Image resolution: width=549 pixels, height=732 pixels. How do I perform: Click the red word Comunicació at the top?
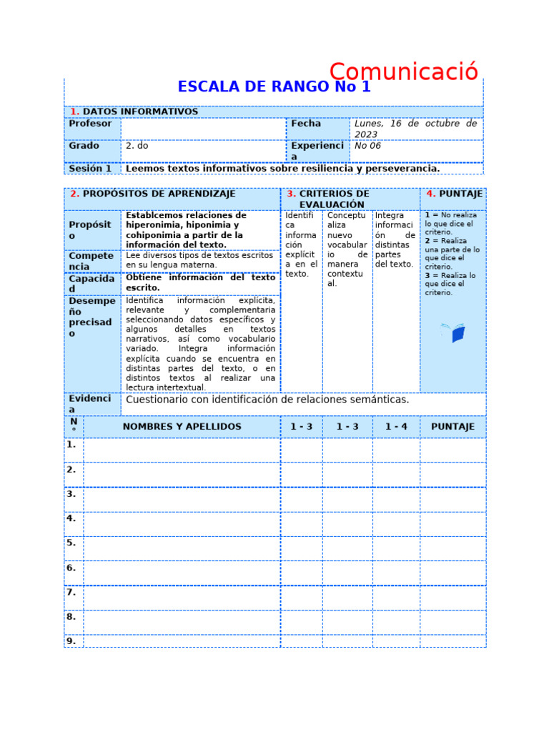coord(403,72)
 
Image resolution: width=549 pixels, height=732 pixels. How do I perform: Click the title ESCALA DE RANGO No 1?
coord(274,87)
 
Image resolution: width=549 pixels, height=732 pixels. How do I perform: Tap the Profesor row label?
coord(91,124)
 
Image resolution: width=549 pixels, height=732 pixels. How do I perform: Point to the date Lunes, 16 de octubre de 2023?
coord(415,129)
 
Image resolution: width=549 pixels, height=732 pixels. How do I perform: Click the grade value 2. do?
coord(137,145)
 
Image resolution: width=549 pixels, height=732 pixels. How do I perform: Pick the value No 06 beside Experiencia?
coord(368,145)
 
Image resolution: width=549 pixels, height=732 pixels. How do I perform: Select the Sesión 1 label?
coord(90,169)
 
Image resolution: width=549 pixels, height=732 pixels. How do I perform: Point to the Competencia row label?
coord(91,261)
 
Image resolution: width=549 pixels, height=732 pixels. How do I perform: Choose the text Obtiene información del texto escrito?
coord(200,282)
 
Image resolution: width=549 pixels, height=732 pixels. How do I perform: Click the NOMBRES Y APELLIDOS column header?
coord(182,427)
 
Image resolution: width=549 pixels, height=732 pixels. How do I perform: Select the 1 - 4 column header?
coord(396,427)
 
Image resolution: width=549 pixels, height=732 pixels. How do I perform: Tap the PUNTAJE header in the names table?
coord(452,427)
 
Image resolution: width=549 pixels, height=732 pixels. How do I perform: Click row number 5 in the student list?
coord(71,543)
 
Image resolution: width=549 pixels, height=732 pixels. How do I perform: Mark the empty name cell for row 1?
coord(182,450)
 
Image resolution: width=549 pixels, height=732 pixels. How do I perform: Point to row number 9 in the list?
coord(71,640)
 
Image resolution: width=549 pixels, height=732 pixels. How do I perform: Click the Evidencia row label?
coord(91,404)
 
